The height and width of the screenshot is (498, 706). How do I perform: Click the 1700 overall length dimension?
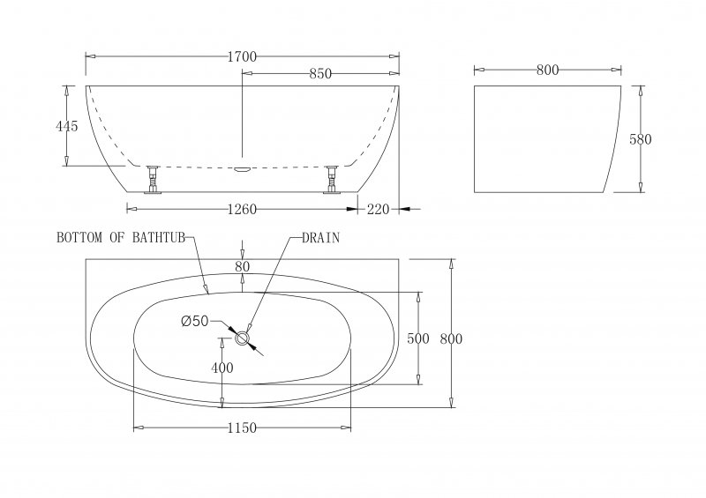[242, 56]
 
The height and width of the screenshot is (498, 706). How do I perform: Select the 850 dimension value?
[319, 74]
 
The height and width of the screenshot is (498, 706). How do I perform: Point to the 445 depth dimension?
[67, 126]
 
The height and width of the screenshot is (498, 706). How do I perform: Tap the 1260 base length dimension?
[242, 209]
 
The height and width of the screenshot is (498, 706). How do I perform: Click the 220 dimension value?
[378, 209]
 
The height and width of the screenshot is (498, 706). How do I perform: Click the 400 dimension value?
[222, 368]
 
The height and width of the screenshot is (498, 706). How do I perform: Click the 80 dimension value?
[243, 267]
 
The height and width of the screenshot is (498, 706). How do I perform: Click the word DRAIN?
[321, 238]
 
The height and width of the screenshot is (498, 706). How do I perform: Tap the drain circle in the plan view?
[244, 338]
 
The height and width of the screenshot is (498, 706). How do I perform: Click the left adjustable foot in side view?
[153, 179]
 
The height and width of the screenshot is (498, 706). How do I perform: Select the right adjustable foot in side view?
[333, 179]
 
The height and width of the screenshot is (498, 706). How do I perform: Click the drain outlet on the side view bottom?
[243, 165]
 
